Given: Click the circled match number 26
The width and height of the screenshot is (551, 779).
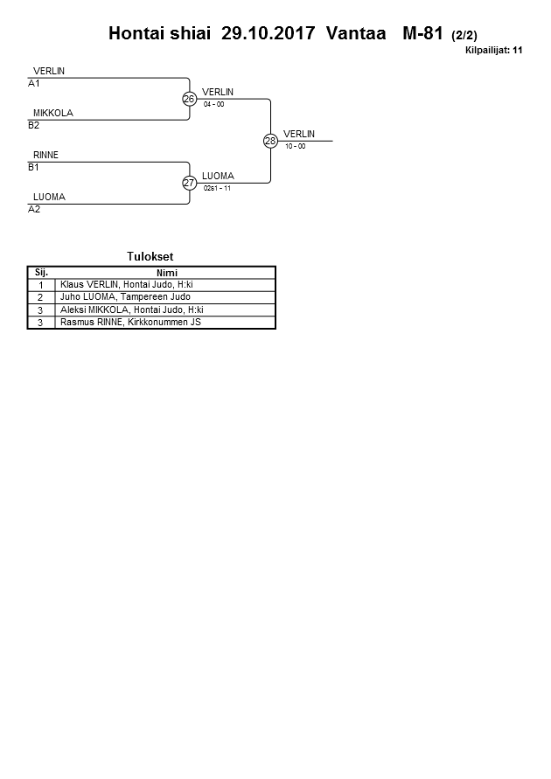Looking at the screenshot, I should pyautogui.click(x=189, y=99).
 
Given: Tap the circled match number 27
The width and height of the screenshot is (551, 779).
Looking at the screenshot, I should pyautogui.click(x=189, y=183).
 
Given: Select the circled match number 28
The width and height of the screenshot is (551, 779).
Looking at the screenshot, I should pyautogui.click(x=270, y=141).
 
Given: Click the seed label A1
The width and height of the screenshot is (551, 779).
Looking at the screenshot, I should pyautogui.click(x=34, y=84).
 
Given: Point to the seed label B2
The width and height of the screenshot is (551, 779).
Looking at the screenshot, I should pyautogui.click(x=34, y=125).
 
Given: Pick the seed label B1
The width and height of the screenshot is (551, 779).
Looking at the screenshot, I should pyautogui.click(x=34, y=167).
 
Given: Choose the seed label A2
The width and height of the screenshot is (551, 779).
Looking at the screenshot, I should pyautogui.click(x=34, y=210).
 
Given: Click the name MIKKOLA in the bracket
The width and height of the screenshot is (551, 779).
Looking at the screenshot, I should pyautogui.click(x=52, y=113).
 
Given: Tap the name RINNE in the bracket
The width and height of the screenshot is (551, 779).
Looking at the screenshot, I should pyautogui.click(x=45, y=155).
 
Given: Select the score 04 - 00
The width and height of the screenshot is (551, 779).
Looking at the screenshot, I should pyautogui.click(x=213, y=104).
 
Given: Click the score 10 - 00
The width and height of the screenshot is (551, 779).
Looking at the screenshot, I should pyautogui.click(x=295, y=146).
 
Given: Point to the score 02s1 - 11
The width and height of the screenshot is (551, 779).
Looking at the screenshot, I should pyautogui.click(x=216, y=188).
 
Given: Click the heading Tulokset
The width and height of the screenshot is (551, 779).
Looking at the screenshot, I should pyautogui.click(x=150, y=256).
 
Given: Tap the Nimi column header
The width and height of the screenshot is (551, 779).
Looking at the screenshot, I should pyautogui.click(x=166, y=272).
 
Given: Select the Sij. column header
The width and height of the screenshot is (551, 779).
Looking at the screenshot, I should pyautogui.click(x=41, y=272).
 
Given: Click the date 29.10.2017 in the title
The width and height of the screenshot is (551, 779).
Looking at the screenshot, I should pyautogui.click(x=269, y=34).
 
